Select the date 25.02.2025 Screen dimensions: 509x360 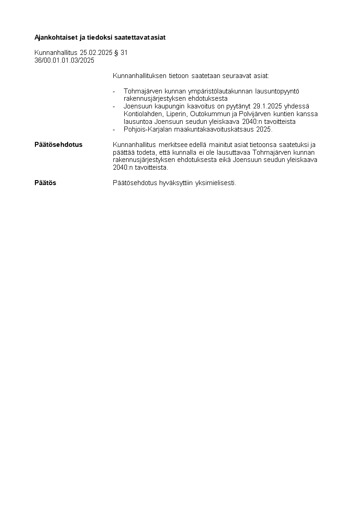click(x=96, y=53)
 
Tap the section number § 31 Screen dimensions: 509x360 click(x=121, y=53)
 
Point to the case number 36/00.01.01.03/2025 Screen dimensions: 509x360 click(x=64, y=60)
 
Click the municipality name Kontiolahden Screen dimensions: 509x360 click(x=141, y=113)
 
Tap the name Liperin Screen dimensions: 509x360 click(x=173, y=113)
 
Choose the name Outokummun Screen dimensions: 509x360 click(x=207, y=113)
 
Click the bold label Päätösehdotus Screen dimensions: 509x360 click(x=58, y=145)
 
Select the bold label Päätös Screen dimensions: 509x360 click(x=45, y=183)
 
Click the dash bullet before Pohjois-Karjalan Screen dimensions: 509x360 click(x=114, y=129)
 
